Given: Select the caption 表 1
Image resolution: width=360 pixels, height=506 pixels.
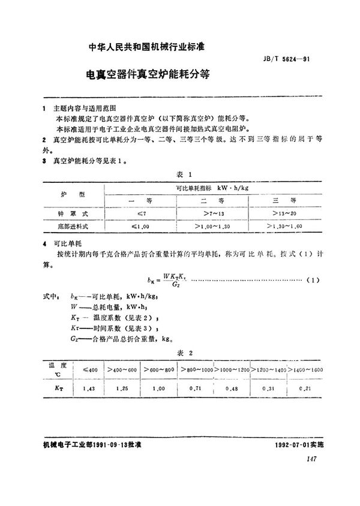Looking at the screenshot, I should pos(183,174).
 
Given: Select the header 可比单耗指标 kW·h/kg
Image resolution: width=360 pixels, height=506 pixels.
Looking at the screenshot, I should pos(212,188).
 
